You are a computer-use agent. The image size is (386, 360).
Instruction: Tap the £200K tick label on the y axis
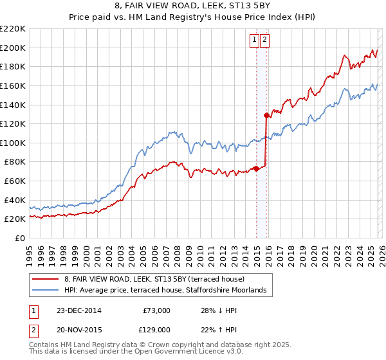[x=13, y=48]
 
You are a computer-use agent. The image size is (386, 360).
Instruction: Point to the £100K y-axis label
[x=13, y=143]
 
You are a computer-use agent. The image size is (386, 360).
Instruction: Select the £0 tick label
[x=20, y=238]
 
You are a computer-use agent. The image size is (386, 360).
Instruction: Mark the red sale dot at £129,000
[x=266, y=116]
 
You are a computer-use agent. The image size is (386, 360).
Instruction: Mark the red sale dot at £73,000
[x=256, y=168]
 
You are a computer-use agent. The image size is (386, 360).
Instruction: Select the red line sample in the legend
[x=46, y=279]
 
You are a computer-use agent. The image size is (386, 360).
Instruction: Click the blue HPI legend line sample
[x=46, y=291]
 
